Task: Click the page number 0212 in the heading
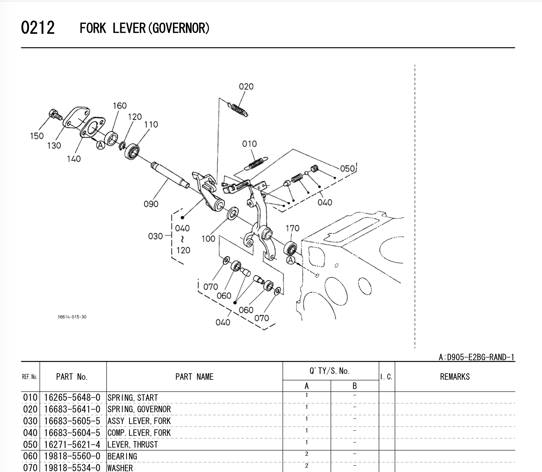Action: [x=38, y=28]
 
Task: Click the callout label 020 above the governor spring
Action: [x=246, y=87]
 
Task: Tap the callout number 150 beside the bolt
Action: [x=37, y=136]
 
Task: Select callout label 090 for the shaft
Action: [x=151, y=204]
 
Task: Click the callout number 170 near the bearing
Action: [x=292, y=229]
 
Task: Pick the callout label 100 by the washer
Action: [x=208, y=239]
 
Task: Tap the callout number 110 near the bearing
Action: [x=151, y=125]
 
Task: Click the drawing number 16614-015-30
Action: [x=72, y=317]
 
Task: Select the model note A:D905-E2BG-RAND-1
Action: [x=476, y=357]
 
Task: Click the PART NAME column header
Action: [x=194, y=377]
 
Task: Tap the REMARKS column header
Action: [x=455, y=377]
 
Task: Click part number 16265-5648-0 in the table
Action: [x=72, y=398]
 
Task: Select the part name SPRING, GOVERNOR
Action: [x=139, y=409]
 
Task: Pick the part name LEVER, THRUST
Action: [x=132, y=445]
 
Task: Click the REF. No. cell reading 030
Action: [x=30, y=421]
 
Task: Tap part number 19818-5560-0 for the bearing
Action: [x=72, y=457]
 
